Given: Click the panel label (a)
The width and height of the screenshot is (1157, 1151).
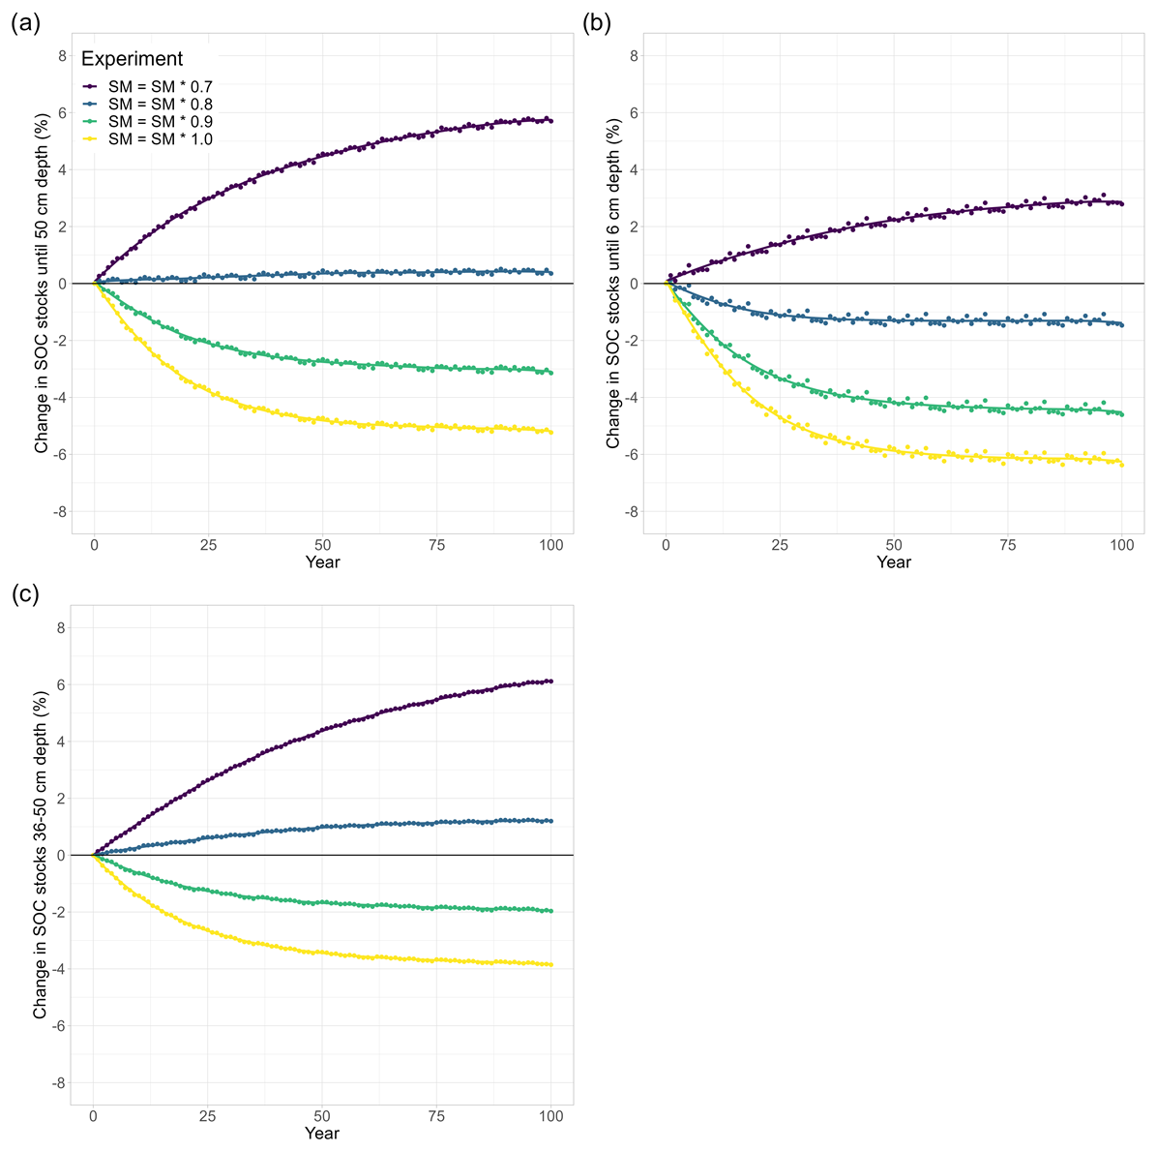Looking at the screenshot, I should [25, 24].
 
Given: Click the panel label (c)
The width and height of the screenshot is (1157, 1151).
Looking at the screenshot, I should [25, 594].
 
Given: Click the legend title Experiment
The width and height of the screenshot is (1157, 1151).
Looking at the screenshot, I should [132, 59].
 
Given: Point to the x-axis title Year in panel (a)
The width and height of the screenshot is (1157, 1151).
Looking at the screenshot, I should [322, 561].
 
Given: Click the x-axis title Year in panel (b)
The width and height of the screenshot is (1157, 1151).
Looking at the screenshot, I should [894, 561].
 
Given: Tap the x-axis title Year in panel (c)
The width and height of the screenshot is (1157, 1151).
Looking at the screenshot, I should [322, 1133].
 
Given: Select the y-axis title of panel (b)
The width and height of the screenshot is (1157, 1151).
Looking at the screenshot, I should [613, 284].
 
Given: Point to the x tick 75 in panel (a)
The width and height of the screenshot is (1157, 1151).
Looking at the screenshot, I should [437, 545].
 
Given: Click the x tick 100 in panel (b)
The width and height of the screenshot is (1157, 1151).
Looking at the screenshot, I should [1122, 545].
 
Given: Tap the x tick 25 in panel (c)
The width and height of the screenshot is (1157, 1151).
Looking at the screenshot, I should [208, 1116].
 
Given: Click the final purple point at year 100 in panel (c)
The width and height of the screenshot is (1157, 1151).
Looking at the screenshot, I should [550, 682].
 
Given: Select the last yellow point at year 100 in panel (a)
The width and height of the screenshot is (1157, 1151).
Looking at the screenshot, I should [550, 432].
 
